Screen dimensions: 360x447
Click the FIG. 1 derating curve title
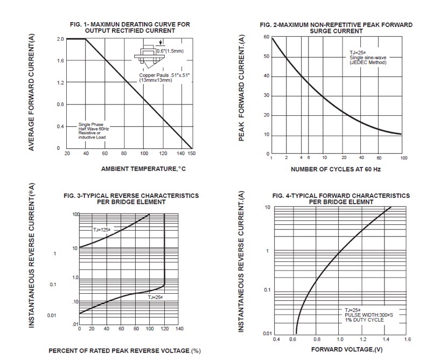pyautogui.click(x=130, y=27)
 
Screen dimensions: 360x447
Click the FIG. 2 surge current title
pyautogui.click(x=336, y=27)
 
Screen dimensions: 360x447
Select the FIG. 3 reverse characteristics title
pyautogui.click(x=131, y=199)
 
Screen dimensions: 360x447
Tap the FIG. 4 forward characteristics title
pyautogui.click(x=340, y=199)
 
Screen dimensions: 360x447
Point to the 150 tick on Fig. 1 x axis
pyautogui.click(x=192, y=154)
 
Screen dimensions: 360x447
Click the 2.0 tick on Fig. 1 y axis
pyautogui.click(x=60, y=39)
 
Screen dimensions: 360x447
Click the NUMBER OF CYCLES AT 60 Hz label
pyautogui.click(x=336, y=169)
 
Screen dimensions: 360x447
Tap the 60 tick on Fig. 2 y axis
pyautogui.click(x=266, y=37)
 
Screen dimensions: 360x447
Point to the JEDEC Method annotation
pyautogui.click(x=365, y=63)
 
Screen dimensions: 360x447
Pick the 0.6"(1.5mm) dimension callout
pyautogui.click(x=170, y=51)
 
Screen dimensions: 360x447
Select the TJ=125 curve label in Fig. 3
pyautogui.click(x=101, y=230)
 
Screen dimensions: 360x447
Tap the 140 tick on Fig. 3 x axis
pyautogui.click(x=179, y=328)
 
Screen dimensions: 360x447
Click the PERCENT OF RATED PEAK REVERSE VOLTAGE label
pyautogui.click(x=124, y=351)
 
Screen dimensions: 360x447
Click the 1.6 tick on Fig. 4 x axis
pyautogui.click(x=407, y=340)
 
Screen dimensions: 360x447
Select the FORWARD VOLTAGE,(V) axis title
pyautogui.click(x=341, y=351)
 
